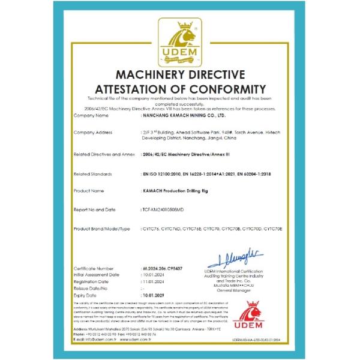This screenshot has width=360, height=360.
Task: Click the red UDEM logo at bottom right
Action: (255, 318)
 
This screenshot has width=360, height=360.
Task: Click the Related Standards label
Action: (95, 174)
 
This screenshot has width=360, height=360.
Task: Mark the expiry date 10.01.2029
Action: (153, 296)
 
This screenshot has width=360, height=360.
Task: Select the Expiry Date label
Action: (86, 296)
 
